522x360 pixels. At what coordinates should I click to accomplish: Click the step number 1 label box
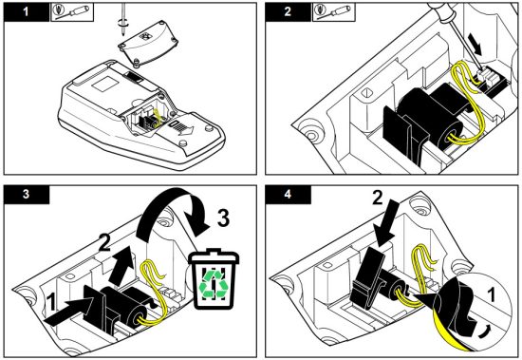point(27,12)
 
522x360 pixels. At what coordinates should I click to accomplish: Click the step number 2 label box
point(288,12)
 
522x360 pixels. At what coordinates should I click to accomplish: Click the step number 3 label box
point(27,195)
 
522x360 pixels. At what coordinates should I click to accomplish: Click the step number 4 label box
point(288,195)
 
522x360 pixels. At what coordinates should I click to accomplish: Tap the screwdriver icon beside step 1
point(72,12)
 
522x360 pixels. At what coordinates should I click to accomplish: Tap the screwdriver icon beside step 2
point(333,12)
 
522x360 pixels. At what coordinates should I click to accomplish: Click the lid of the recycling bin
point(214,256)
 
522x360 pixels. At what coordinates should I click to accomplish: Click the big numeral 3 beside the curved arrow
point(223,218)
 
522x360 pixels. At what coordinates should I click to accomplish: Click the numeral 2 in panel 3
point(105,242)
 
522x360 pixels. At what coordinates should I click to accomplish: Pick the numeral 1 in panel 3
point(50,302)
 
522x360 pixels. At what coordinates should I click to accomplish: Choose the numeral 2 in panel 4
point(378,198)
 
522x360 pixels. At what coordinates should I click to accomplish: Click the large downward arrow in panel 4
point(388,223)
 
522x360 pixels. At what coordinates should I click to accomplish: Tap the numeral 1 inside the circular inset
point(491,295)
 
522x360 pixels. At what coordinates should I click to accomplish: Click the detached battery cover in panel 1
point(148,43)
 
